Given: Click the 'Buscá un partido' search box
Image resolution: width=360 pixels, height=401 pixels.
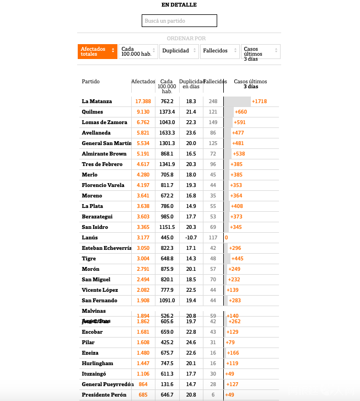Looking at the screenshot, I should pos(179,21).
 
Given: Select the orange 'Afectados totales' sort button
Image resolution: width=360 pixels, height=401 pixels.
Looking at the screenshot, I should pos(98,51).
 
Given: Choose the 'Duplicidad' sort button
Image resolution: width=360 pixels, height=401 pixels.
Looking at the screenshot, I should pos(179,51).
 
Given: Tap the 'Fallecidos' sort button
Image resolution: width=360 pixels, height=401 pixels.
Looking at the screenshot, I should pos(219,51).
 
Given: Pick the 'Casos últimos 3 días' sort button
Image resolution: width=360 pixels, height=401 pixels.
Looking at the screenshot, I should pos(260,51).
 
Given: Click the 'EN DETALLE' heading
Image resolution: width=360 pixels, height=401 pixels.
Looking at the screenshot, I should pos(179,5).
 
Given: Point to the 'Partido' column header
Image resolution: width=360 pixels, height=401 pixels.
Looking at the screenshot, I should pos(91,82).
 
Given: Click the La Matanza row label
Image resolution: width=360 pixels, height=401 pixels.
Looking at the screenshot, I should pos(97,101).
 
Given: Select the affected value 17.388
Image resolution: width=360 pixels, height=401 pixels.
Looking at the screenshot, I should pos(143,101).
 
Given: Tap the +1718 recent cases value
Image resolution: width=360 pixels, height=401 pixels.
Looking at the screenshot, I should pos(259,101).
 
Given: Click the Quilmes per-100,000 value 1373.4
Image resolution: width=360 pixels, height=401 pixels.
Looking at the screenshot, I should pos(167,112).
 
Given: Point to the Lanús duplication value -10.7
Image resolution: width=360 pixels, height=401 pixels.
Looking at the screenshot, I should pos(190,238).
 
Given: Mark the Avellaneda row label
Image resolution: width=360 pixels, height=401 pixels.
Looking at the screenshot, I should pos(96,133).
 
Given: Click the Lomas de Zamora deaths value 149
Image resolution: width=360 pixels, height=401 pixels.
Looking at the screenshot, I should pos(213,122).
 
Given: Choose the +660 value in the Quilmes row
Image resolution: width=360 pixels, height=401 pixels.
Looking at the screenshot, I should pos(241,112).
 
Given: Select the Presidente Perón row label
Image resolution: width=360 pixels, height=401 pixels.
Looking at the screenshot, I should pos(104,395).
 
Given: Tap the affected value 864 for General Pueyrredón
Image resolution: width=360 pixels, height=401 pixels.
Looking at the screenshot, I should pos(143,384).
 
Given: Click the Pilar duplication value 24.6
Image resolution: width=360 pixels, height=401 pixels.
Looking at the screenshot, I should pos(191,343).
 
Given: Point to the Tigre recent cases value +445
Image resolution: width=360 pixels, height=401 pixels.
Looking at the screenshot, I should pos(238,259).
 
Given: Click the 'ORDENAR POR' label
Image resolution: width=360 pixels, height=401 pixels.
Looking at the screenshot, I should pos(186,39).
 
